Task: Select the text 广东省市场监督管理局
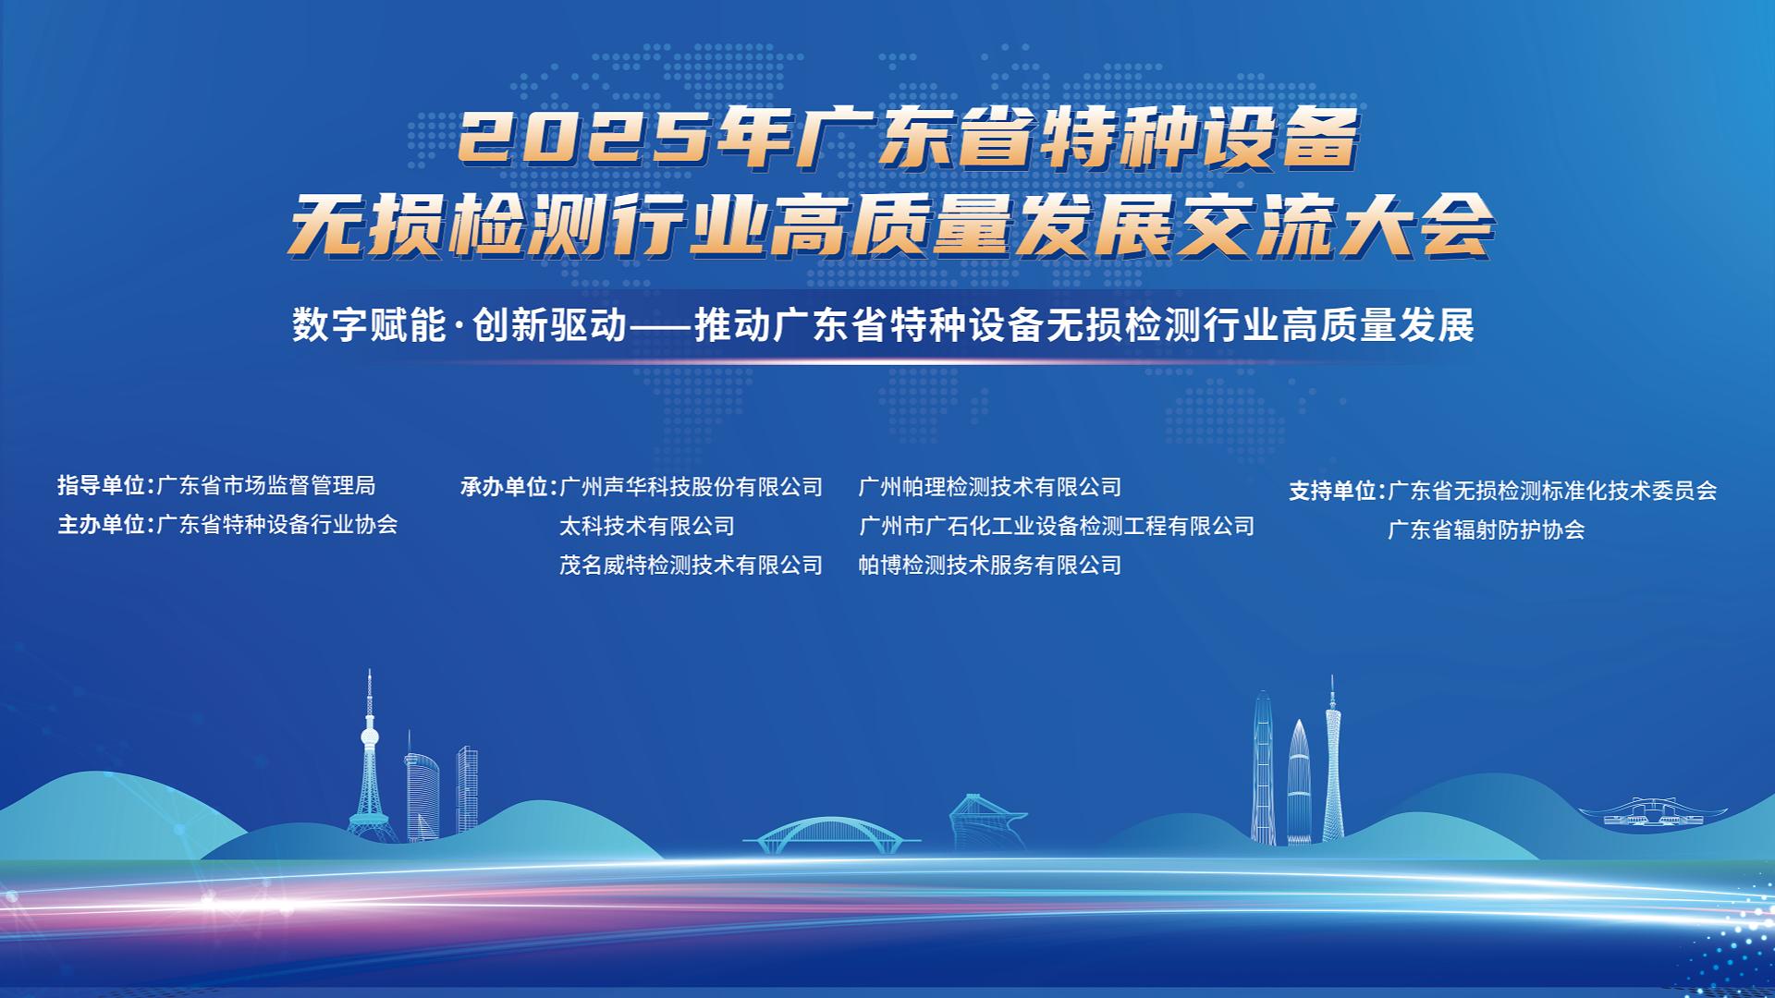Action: tap(267, 486)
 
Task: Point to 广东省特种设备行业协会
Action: tap(278, 525)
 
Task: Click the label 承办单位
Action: tap(505, 487)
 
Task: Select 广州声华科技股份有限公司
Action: tap(692, 487)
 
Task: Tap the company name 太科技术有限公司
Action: tap(647, 526)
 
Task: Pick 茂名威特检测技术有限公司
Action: tap(692, 565)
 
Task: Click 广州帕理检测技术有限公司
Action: tap(990, 487)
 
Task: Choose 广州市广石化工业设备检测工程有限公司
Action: tap(1057, 526)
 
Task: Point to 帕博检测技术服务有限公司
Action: tap(990, 565)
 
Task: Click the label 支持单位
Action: tap(1333, 491)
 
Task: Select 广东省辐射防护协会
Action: tap(1487, 529)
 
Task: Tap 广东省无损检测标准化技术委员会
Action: tap(1553, 491)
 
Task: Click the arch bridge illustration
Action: tap(831, 832)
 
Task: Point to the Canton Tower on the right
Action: tap(1332, 767)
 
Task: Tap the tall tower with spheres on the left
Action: tap(370, 767)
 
